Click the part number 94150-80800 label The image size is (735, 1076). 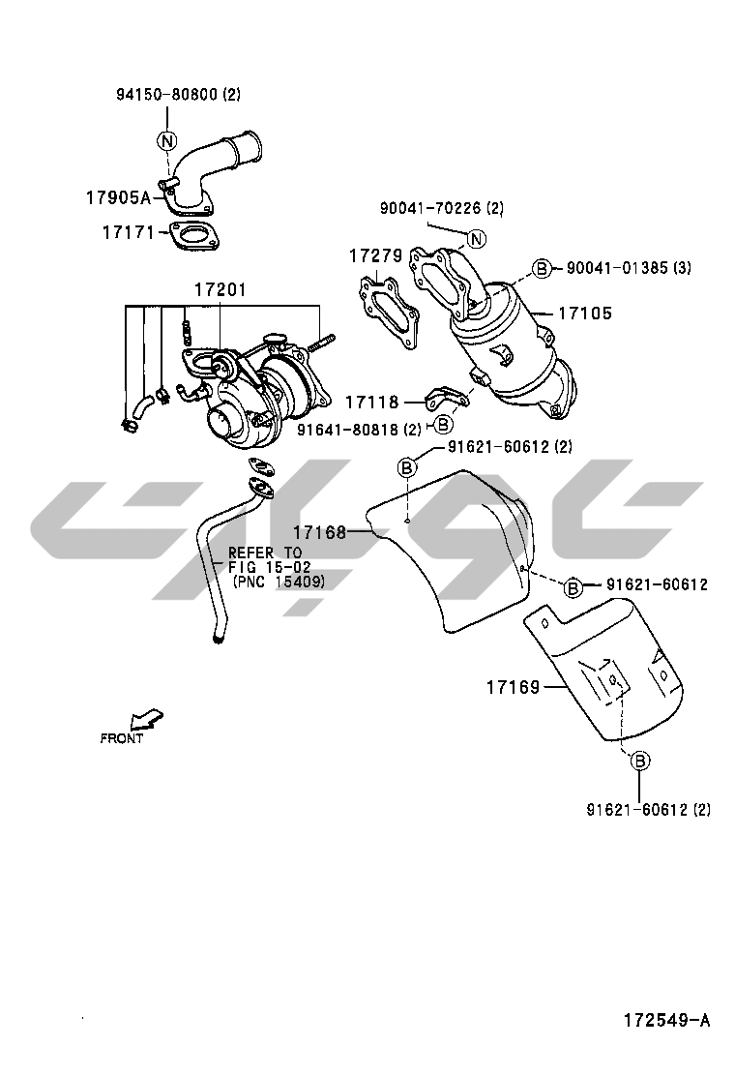[x=168, y=95]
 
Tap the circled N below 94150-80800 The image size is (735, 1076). [x=166, y=140]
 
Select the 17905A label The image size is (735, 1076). [x=118, y=197]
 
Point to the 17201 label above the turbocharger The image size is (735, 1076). [x=220, y=289]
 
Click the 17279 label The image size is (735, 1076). [x=376, y=256]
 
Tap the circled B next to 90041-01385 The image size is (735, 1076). [x=543, y=268]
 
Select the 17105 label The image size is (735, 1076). [x=585, y=313]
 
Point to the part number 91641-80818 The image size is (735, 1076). [x=349, y=430]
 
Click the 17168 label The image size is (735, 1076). [x=319, y=532]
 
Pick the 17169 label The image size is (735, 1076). [x=514, y=686]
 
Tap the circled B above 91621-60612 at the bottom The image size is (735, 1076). [x=639, y=761]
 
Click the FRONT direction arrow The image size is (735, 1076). [x=147, y=719]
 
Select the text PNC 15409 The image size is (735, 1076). [x=279, y=582]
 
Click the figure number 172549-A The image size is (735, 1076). [x=666, y=1021]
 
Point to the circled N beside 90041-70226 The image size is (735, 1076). [x=477, y=239]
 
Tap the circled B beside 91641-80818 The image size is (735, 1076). [x=444, y=425]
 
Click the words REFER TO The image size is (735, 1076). [x=265, y=553]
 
